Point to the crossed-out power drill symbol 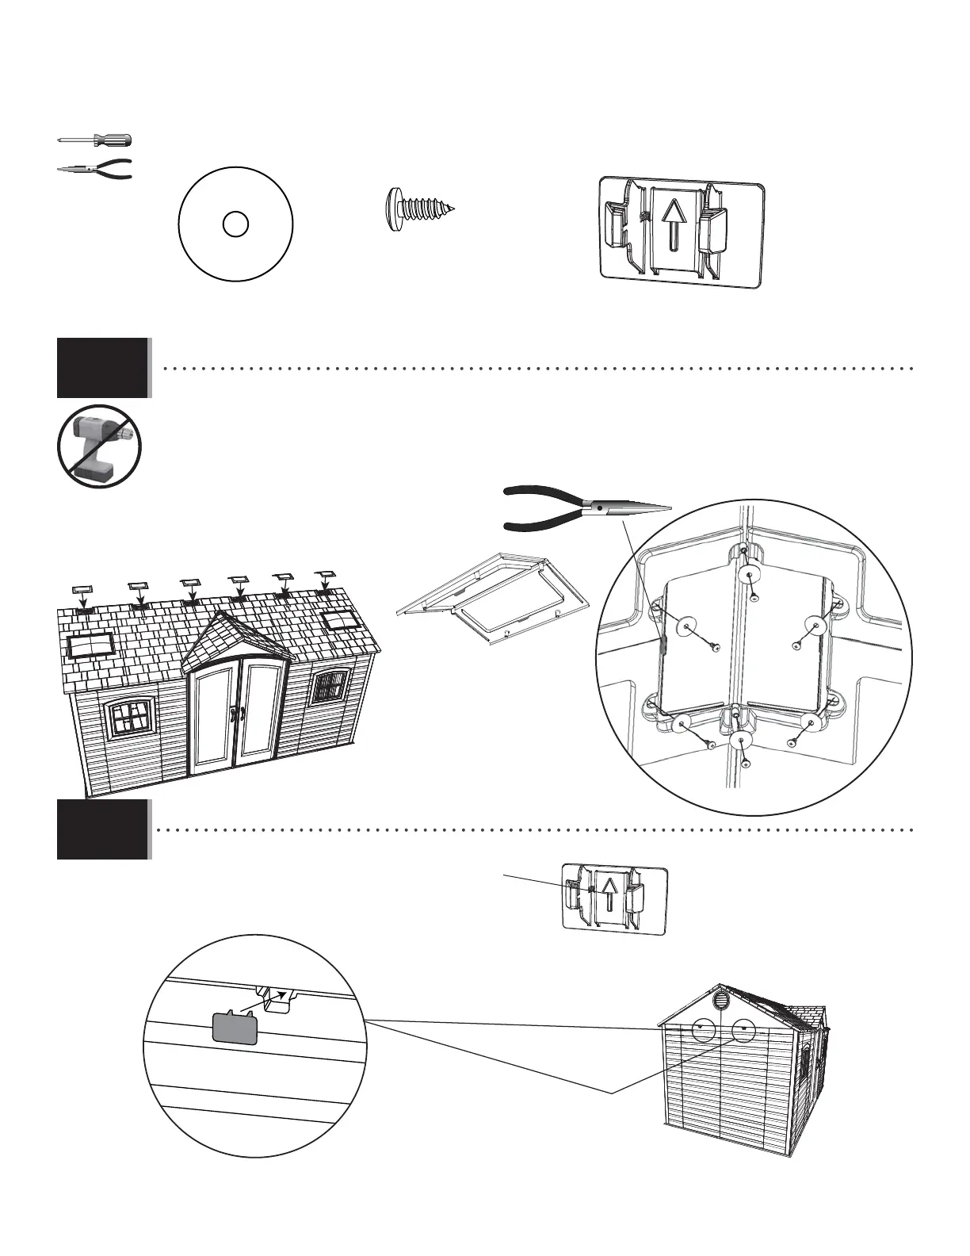(x=99, y=446)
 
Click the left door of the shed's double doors (x=214, y=717)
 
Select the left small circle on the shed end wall (x=702, y=1028)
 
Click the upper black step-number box (x=102, y=367)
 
